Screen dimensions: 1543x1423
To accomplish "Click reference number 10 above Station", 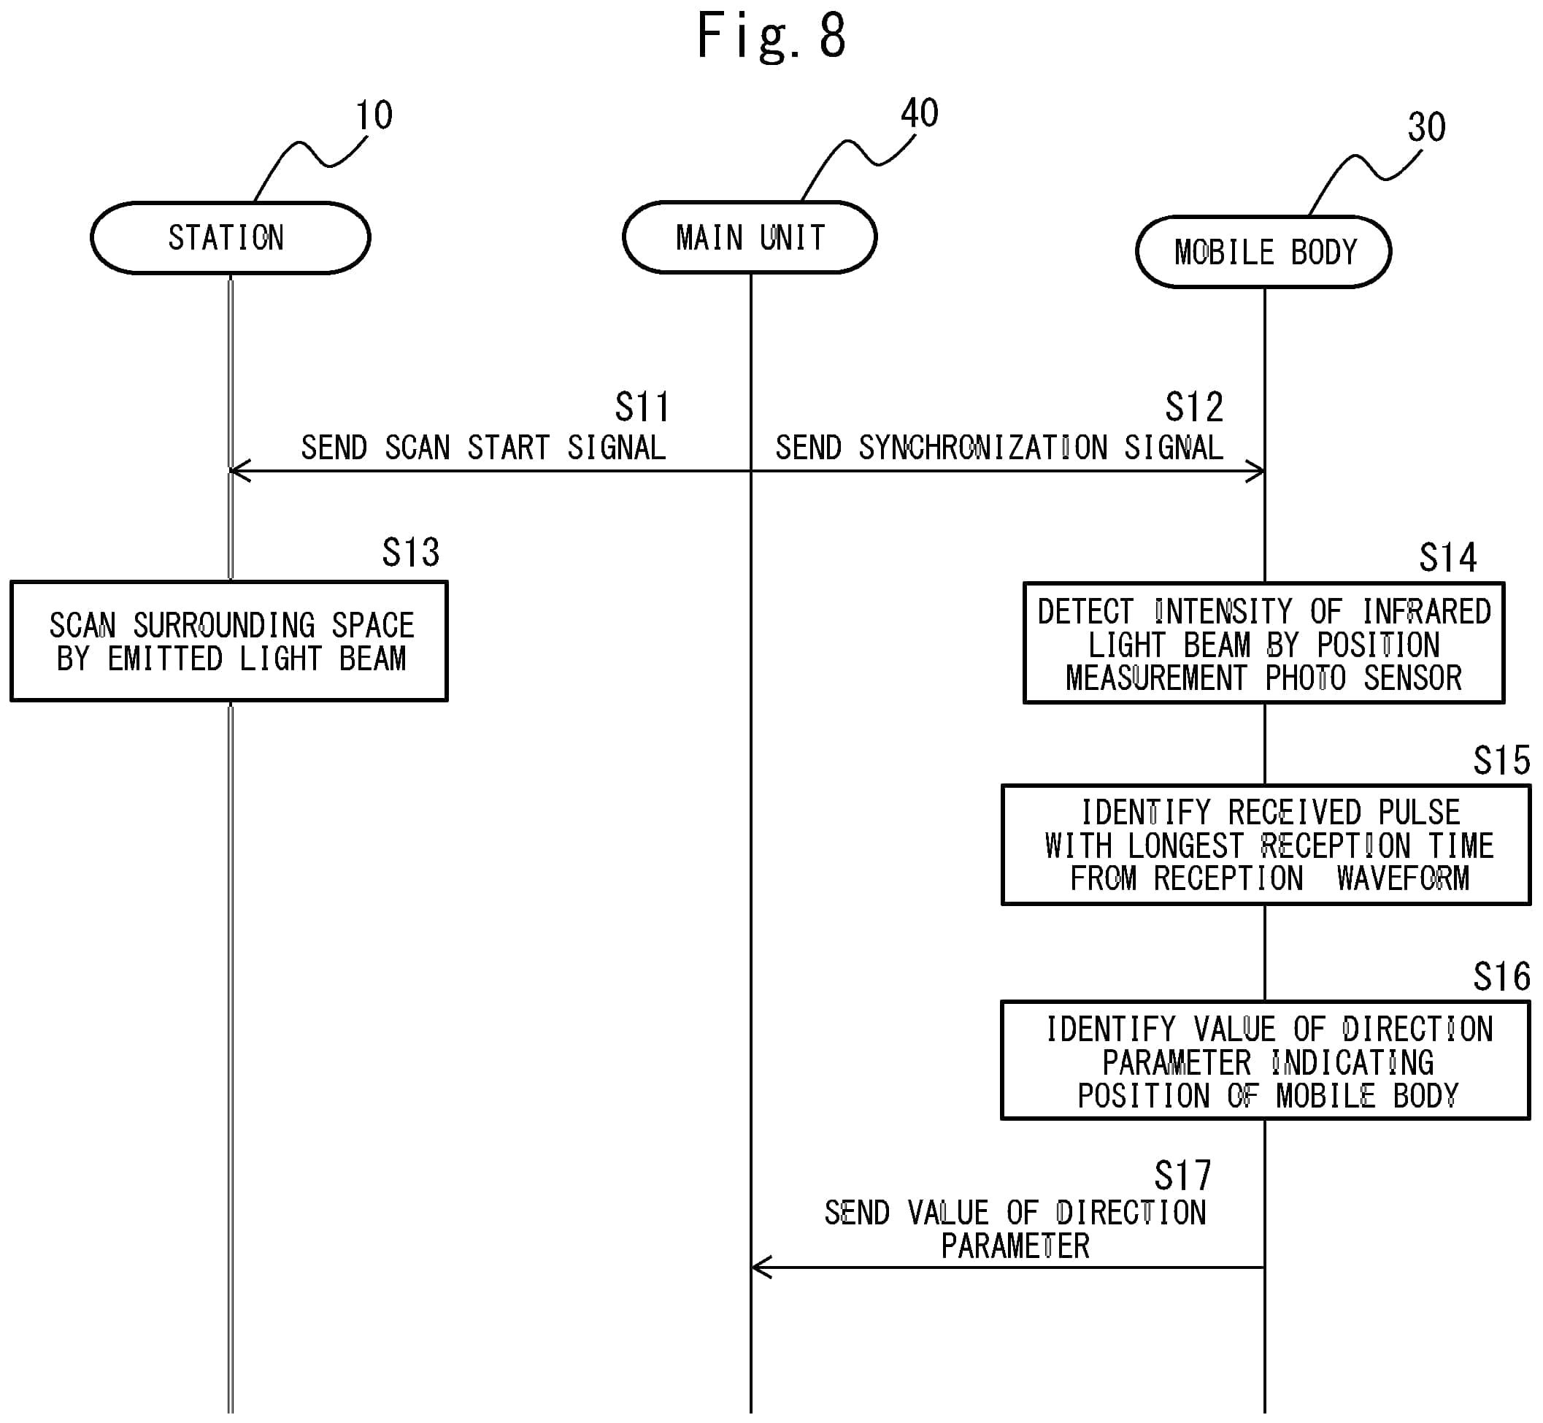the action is pos(374,115).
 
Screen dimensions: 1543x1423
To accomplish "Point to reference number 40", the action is pos(920,113).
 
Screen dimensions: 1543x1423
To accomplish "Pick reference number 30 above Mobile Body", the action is pos(1427,127).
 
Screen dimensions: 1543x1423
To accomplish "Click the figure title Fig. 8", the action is pos(771,36).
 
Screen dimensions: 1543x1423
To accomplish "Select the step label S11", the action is pos(642,407).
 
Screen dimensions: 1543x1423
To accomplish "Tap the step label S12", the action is pos(1194,407).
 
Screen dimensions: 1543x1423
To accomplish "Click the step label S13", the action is pos(411,552).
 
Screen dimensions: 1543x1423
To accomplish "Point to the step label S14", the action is pos(1448,558).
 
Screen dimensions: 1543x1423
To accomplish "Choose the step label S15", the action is pos(1502,761).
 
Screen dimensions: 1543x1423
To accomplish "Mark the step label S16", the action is pos(1502,977).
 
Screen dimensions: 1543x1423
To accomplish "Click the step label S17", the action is pos(1183,1175).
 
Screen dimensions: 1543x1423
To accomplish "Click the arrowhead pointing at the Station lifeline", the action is pos(239,471).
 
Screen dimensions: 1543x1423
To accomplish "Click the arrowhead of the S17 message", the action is pos(761,1267).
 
